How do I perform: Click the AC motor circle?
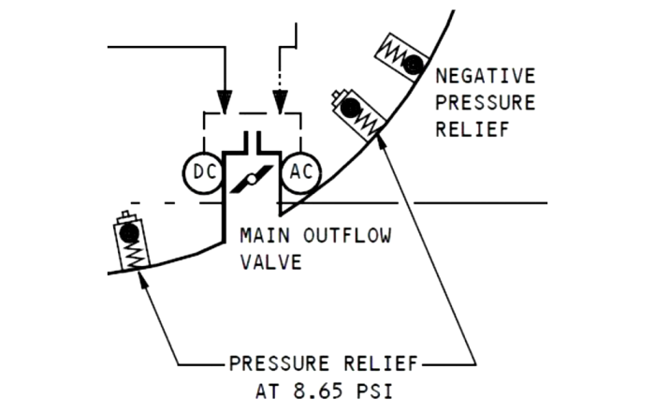pyautogui.click(x=301, y=172)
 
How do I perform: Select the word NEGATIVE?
pyautogui.click(x=486, y=76)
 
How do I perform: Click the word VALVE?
pyautogui.click(x=271, y=261)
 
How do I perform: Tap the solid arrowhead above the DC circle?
pyautogui.click(x=224, y=99)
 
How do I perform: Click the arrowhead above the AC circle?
pyautogui.click(x=280, y=99)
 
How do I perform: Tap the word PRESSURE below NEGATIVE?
pyautogui.click(x=486, y=102)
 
